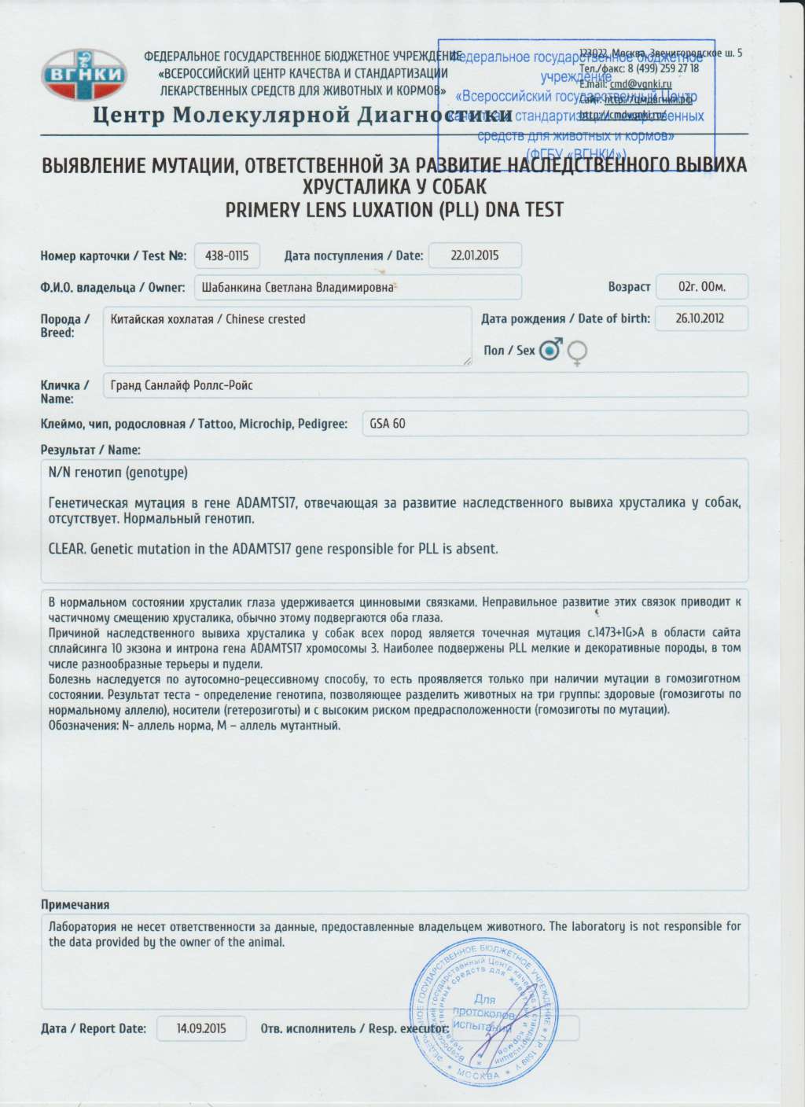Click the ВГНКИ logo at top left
pyautogui.click(x=83, y=75)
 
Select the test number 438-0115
pyautogui.click(x=226, y=256)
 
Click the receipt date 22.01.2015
pyautogui.click(x=475, y=256)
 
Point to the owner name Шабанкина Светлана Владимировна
pyautogui.click(x=297, y=287)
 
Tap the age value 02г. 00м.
pyautogui.click(x=701, y=287)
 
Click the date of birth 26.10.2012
pyautogui.click(x=700, y=318)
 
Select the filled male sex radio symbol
pyautogui.click(x=550, y=350)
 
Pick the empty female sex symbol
pyautogui.click(x=577, y=353)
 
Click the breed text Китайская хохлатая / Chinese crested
pyautogui.click(x=208, y=319)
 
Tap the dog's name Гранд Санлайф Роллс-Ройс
pyautogui.click(x=182, y=385)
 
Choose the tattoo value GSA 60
pyautogui.click(x=388, y=424)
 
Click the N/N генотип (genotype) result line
pyautogui.click(x=118, y=473)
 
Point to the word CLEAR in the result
pyautogui.click(x=66, y=549)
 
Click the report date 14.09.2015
pyautogui.click(x=201, y=1028)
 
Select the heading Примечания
pyautogui.click(x=75, y=905)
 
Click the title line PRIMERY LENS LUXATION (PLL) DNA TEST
pyautogui.click(x=394, y=210)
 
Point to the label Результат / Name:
pyautogui.click(x=90, y=450)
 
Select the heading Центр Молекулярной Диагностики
pyautogui.click(x=303, y=116)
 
